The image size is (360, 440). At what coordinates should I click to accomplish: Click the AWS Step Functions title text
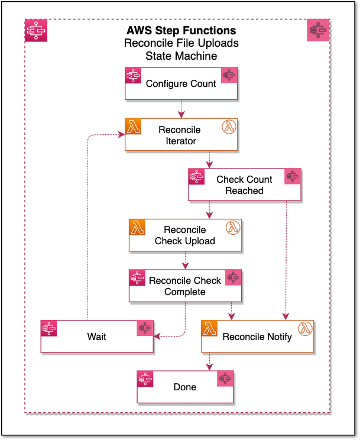pos(181,31)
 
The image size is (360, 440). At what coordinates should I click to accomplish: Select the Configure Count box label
pos(181,84)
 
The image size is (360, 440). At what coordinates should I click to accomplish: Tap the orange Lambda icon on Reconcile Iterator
pos(133,126)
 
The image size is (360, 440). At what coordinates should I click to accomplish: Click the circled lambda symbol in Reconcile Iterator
pos(228,127)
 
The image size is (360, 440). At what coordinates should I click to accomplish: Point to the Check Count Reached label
pos(244,185)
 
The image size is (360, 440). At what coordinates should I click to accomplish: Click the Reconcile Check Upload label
pos(185,235)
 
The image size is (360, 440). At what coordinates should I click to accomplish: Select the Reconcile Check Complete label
pos(185,286)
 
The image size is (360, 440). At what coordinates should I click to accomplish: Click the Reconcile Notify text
pos(257,337)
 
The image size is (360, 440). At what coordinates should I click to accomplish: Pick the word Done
pos(185,387)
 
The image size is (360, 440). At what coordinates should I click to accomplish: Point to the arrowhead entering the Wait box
pos(157,337)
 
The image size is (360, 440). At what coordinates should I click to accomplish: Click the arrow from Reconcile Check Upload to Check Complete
pos(185,260)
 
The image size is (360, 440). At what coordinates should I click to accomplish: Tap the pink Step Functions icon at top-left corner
pos(37,30)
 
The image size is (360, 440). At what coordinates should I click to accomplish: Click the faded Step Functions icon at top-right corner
pos(319,30)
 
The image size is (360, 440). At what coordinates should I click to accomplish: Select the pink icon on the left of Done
pos(145,379)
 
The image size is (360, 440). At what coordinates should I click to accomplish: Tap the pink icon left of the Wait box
pos(49,329)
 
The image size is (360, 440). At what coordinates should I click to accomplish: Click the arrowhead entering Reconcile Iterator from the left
pos(121,135)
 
